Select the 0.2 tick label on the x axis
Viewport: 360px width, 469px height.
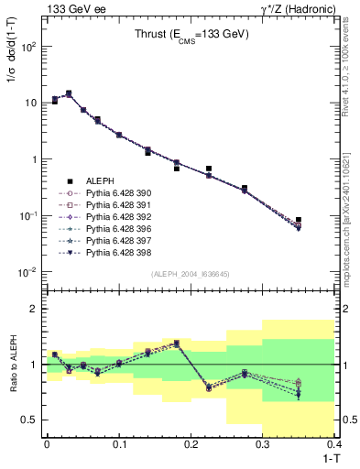[x=191, y=445]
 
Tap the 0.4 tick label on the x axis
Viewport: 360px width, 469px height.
[x=333, y=445]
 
